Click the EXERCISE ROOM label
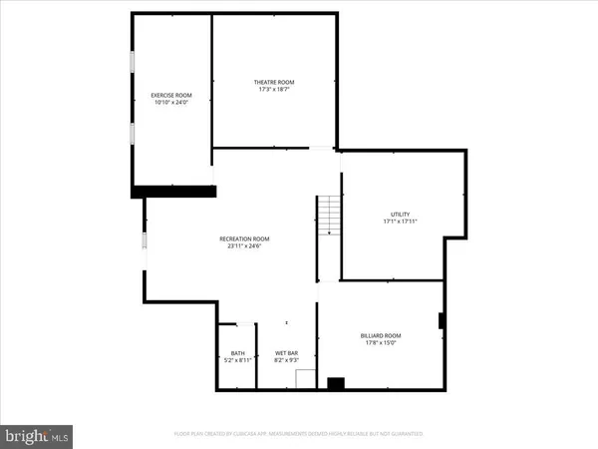[170, 95]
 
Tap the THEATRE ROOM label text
[276, 82]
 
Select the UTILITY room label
[400, 215]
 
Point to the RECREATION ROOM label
[245, 237]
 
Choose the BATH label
[237, 352]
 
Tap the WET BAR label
[287, 352]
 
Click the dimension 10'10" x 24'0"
[170, 103]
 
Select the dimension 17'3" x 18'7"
[276, 90]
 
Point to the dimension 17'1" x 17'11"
[400, 223]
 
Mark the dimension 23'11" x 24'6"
[245, 245]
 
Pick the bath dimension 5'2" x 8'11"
[237, 360]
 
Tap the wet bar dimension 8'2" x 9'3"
[287, 360]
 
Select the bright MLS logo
[37, 435]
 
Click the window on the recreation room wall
[145, 242]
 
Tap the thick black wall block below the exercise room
[174, 191]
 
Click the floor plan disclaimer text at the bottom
[298, 434]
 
